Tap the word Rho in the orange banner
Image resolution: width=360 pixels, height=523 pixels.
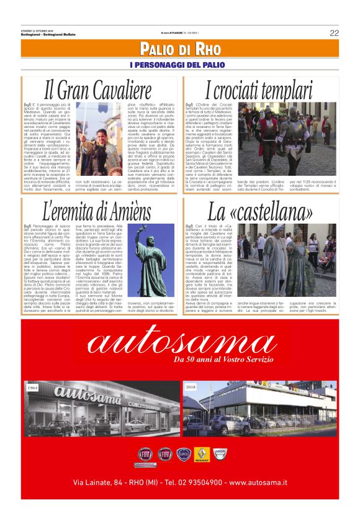[x=207, y=48]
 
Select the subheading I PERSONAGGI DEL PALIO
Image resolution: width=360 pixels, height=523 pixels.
[x=181, y=65]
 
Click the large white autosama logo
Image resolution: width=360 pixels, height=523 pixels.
[x=181, y=343]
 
